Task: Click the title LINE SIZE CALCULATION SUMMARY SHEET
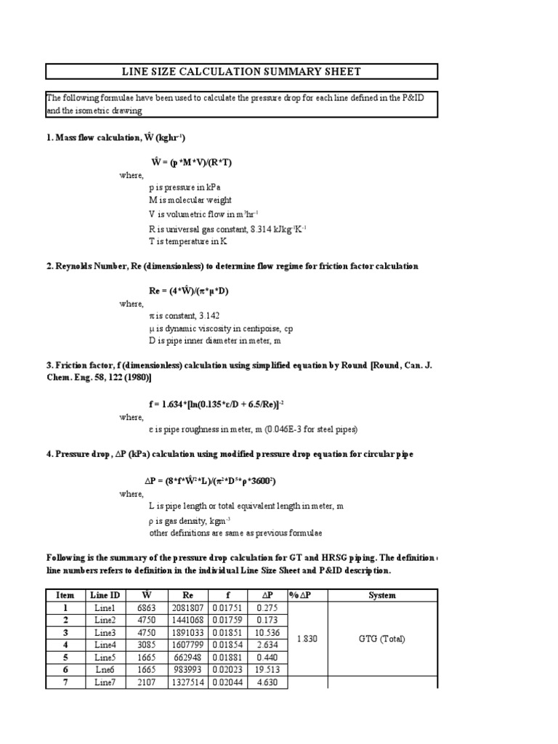click(242, 71)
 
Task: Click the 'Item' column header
click(66, 595)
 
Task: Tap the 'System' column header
click(382, 595)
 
